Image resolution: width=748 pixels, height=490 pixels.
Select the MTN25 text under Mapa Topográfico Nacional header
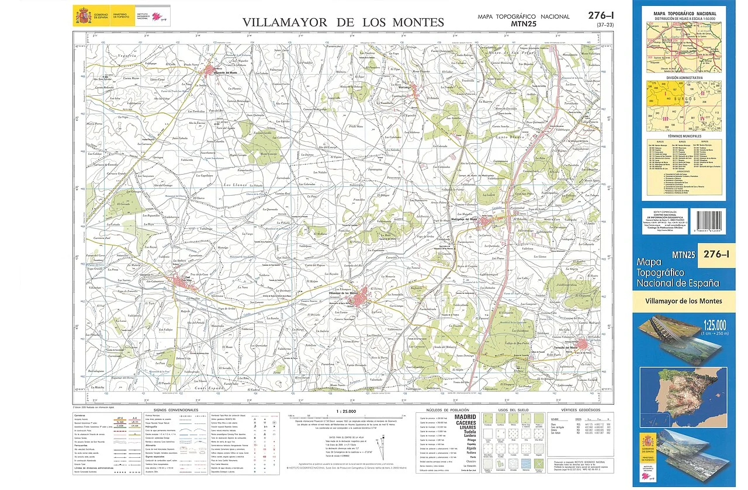click(x=523, y=24)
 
